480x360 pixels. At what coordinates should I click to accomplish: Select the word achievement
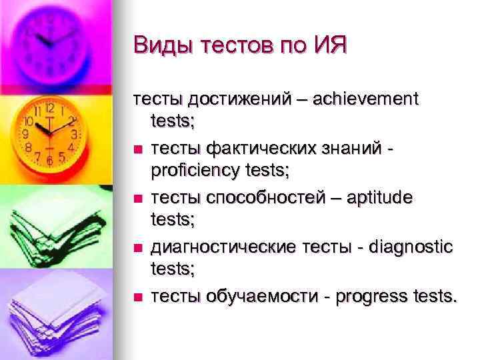tap(366, 100)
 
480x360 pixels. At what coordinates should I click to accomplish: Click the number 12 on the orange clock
tap(49, 108)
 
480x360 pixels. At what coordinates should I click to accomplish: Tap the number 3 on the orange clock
tap(75, 134)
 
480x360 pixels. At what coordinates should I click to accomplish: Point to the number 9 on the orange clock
tap(25, 134)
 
